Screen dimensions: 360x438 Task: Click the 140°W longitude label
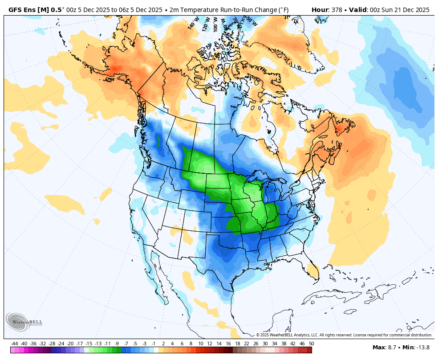[193, 24]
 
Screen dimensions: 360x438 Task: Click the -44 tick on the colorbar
[15, 344]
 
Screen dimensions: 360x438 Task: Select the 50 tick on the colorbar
[311, 344]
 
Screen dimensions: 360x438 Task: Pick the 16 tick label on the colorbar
[228, 344]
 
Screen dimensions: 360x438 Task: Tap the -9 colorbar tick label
[117, 344]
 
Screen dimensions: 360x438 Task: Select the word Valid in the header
[359, 10]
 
